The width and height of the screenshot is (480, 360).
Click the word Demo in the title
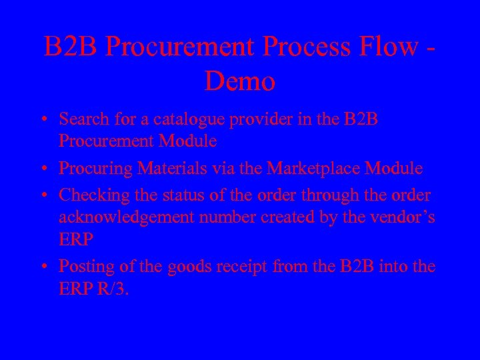tap(240, 81)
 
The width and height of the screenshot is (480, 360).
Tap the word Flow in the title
tap(386, 47)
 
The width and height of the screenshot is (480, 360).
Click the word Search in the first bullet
tap(82, 119)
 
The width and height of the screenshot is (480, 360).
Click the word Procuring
tap(95, 169)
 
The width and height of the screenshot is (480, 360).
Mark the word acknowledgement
tap(136, 217)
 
